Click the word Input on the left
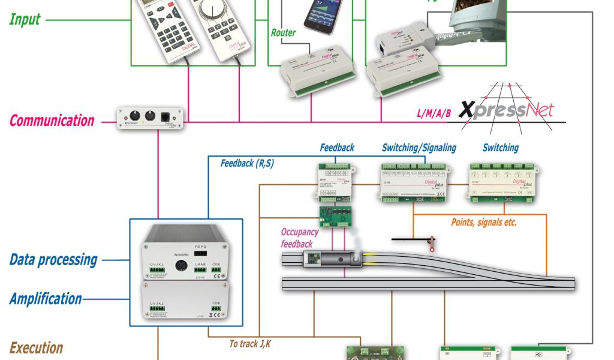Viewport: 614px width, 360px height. pos(26,19)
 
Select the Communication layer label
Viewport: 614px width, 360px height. pos(52,120)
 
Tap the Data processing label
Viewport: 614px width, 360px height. pos(53,260)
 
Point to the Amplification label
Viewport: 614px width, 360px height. pos(46,298)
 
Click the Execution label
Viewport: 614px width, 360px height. pos(36,347)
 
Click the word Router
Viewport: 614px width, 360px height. pos(283,33)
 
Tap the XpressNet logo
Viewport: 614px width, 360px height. pos(507,109)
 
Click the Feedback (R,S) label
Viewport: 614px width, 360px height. pos(247,163)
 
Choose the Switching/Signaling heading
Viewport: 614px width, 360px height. pos(419,147)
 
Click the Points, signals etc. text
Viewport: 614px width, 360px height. pos(484,222)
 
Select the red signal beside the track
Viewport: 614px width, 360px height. pos(431,242)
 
